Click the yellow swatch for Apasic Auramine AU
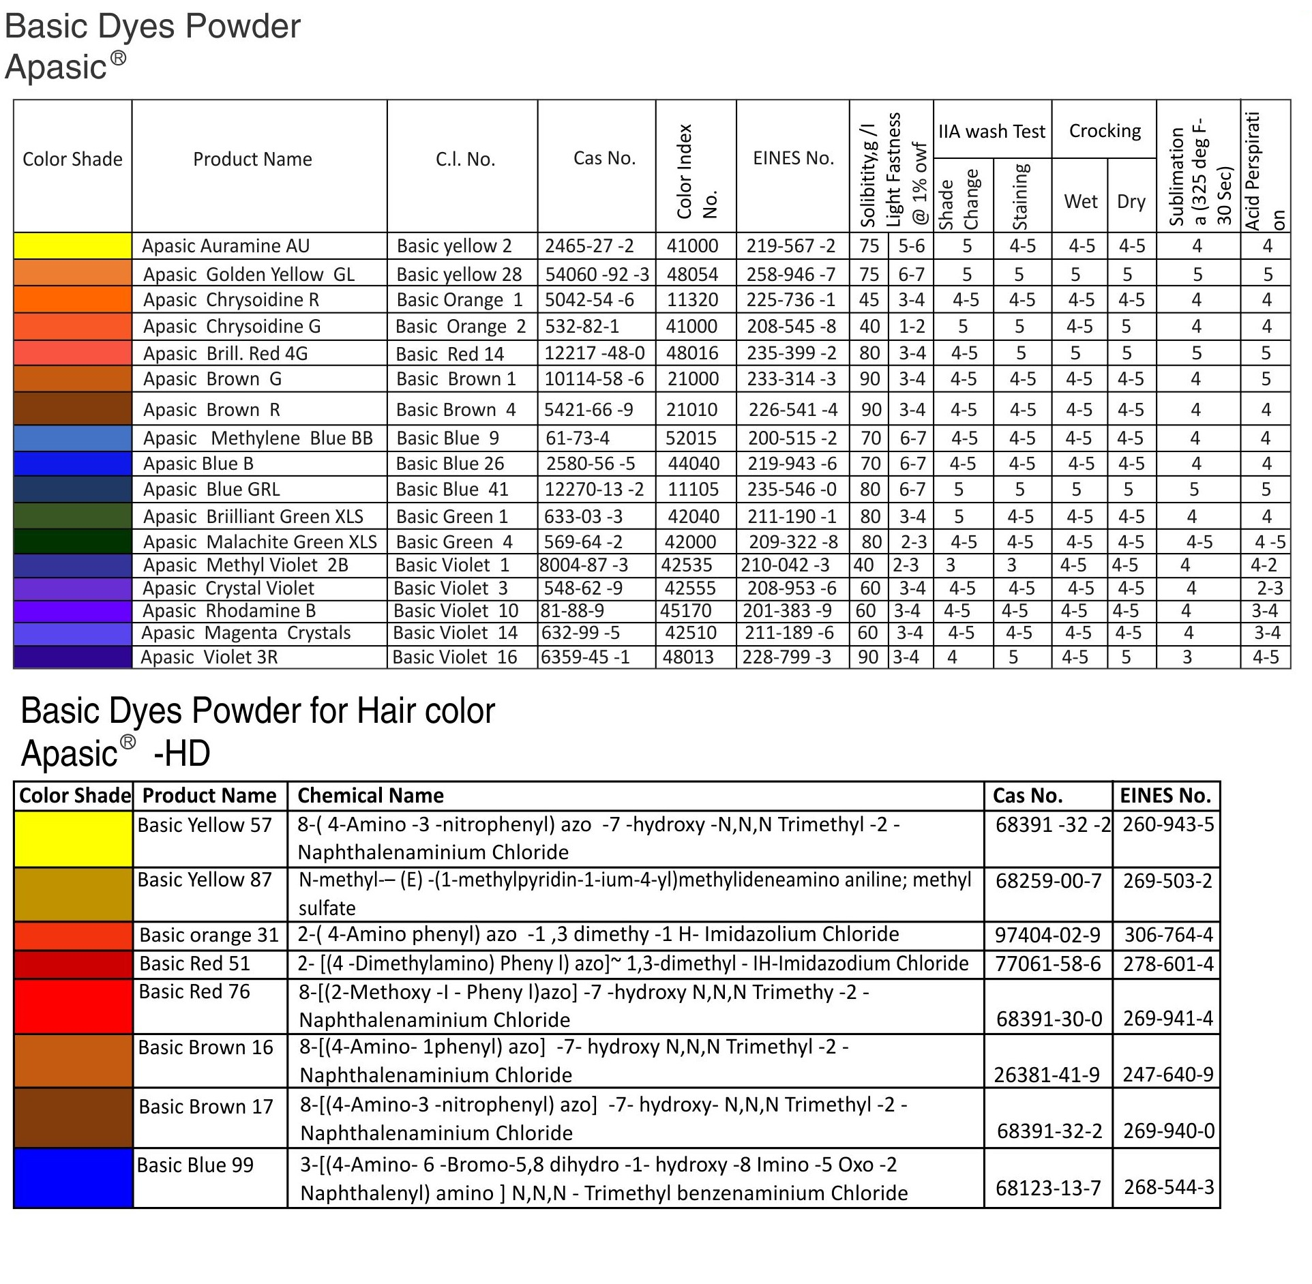click(x=72, y=246)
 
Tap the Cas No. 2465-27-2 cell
click(x=589, y=246)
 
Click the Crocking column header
click(x=1104, y=131)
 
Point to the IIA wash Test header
click(x=992, y=131)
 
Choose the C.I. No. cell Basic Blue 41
click(x=452, y=490)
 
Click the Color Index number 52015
click(x=692, y=438)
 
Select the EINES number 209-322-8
click(x=793, y=542)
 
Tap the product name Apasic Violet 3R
click(x=209, y=657)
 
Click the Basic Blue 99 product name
click(x=196, y=1165)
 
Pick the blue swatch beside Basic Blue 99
click(x=73, y=1178)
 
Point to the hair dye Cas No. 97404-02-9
click(x=1047, y=934)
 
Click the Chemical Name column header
click(x=371, y=795)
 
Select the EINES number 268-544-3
click(x=1169, y=1187)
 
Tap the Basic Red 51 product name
click(x=195, y=964)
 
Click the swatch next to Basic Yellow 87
click(x=73, y=894)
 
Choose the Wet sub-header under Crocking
click(x=1081, y=201)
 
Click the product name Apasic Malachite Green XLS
click(x=260, y=542)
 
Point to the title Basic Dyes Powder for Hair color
click(x=258, y=711)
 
